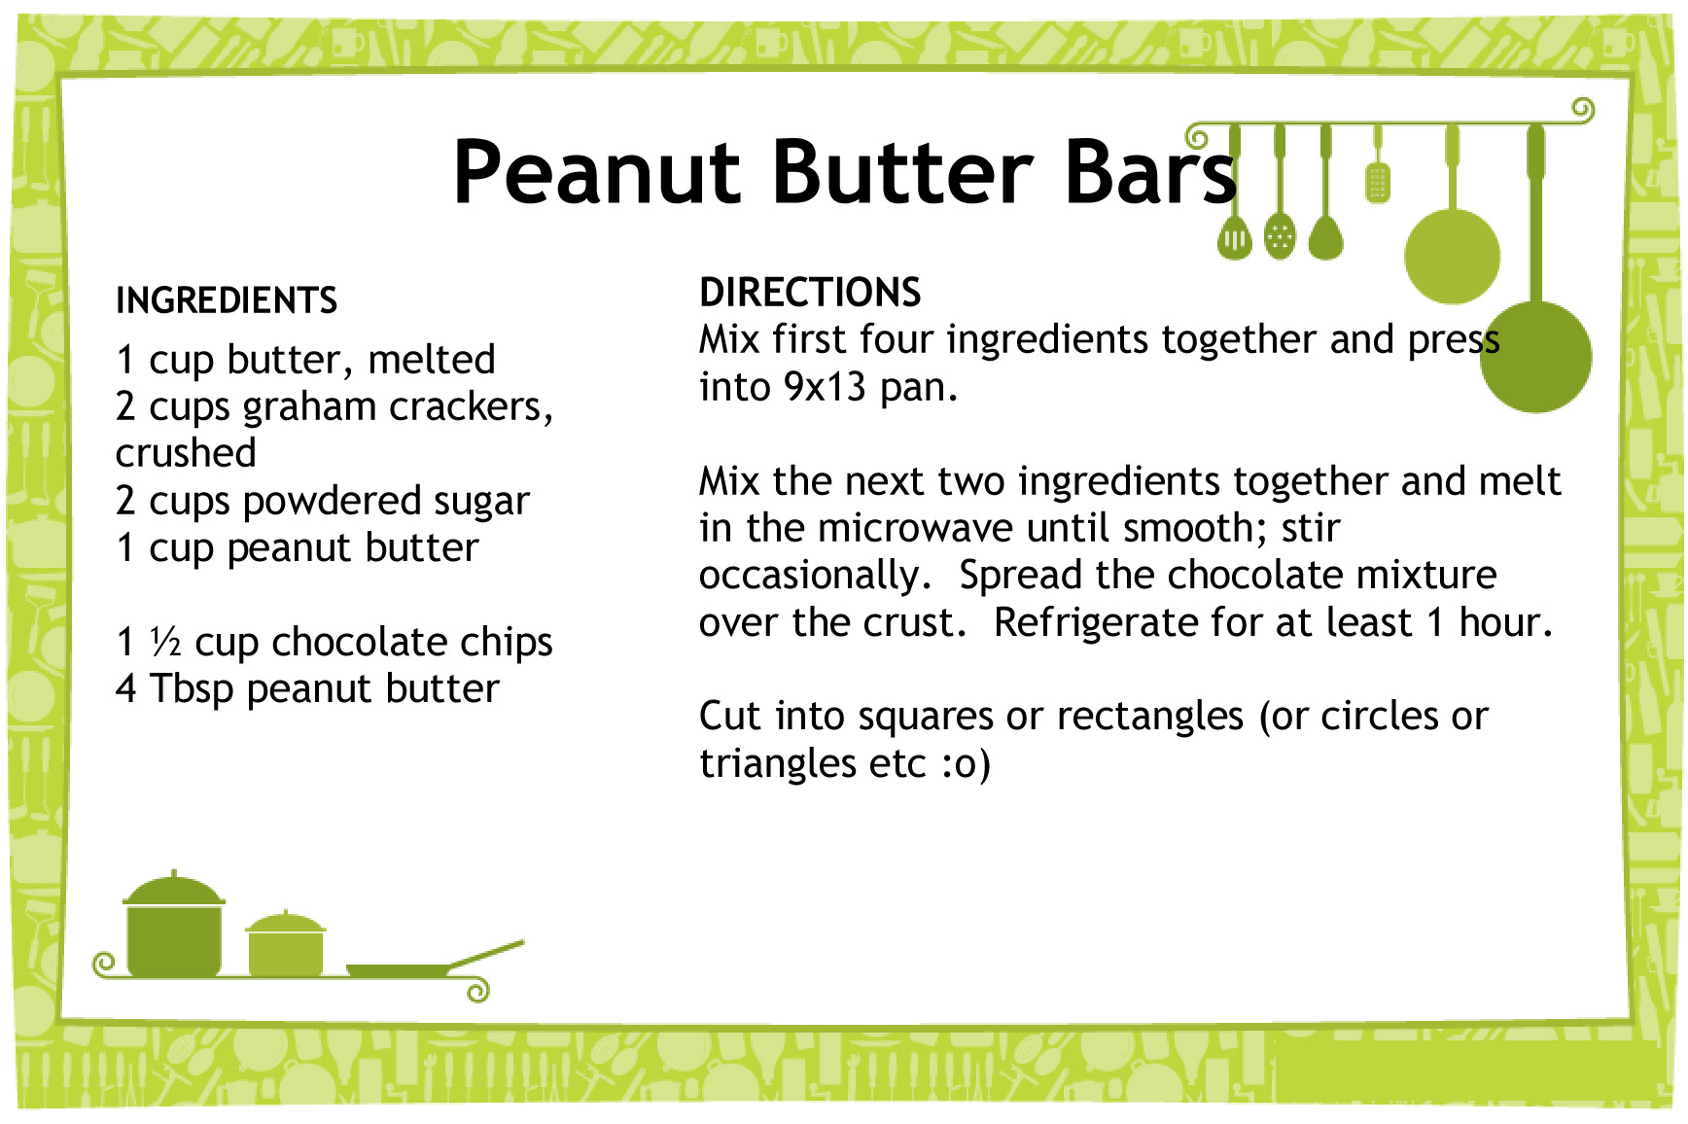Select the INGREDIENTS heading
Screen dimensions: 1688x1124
point(227,300)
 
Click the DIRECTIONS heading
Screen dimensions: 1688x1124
point(810,293)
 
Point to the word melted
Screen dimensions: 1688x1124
point(432,360)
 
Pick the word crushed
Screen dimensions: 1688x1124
point(186,453)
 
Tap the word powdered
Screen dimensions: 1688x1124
point(331,502)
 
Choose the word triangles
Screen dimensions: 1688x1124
point(778,764)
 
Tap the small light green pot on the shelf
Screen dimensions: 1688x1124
point(286,945)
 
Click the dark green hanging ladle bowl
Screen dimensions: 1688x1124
point(1535,357)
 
